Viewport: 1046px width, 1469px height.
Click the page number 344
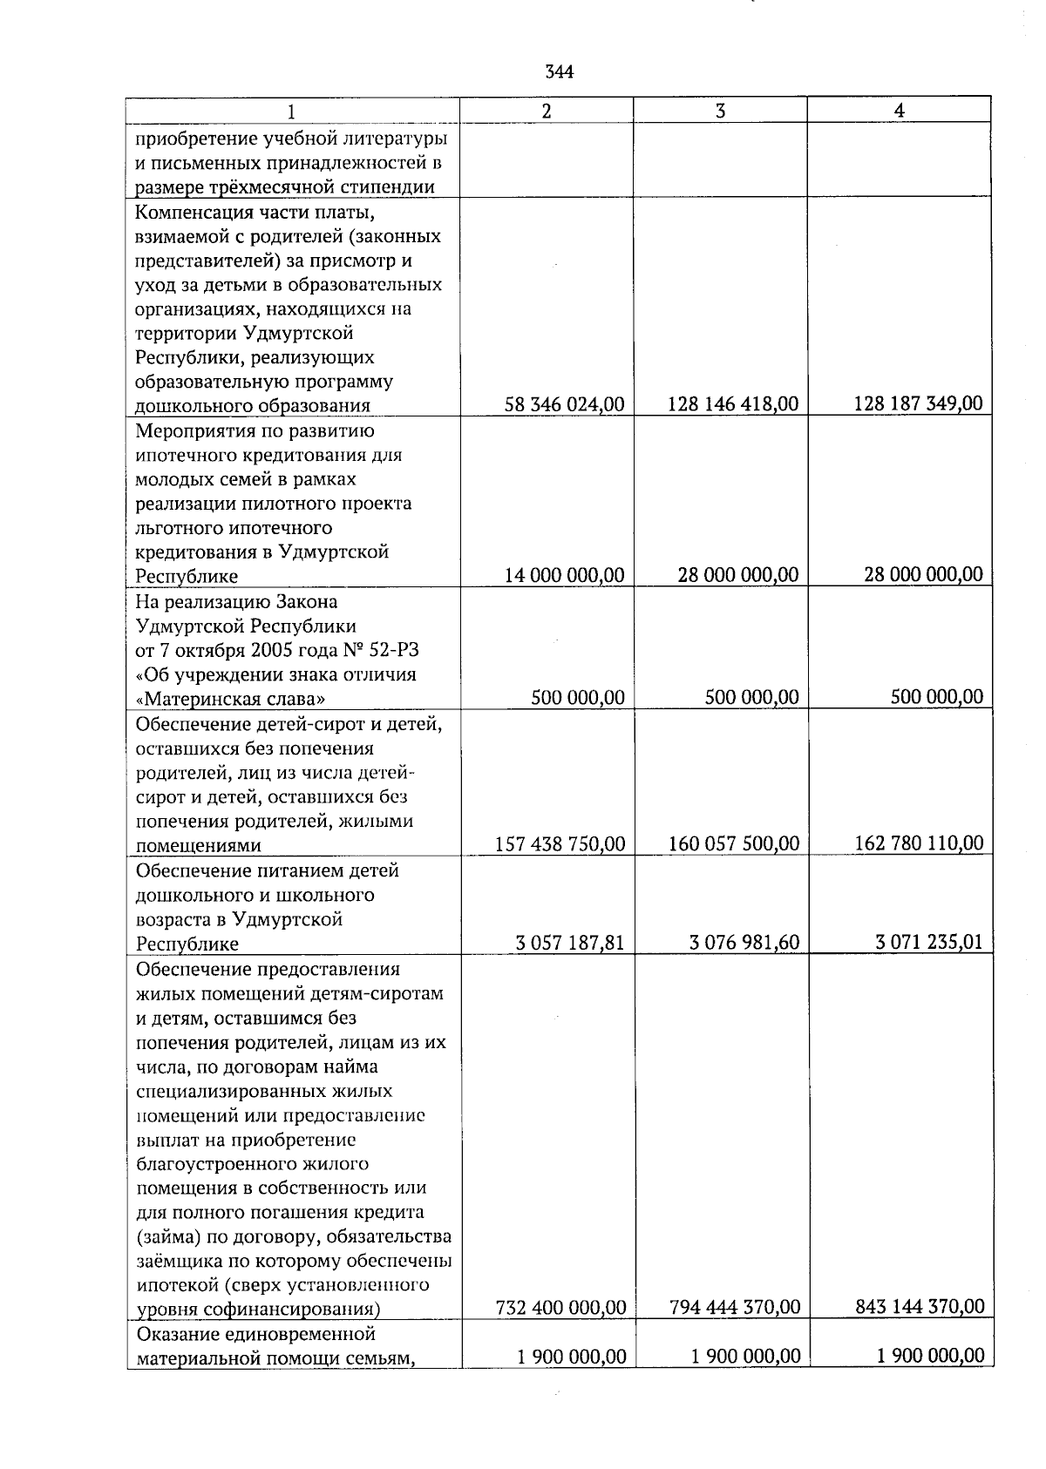pos(559,72)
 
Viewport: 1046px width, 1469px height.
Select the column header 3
pos(720,111)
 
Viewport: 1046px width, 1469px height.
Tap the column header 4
pos(899,111)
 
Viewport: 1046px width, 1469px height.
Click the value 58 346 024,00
pos(565,404)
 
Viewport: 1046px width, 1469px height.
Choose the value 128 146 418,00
pos(733,404)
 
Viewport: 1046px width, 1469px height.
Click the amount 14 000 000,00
pos(565,575)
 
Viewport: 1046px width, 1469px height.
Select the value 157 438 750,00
pos(560,844)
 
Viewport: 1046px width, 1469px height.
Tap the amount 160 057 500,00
pos(734,844)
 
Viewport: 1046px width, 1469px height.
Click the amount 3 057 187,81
pos(570,943)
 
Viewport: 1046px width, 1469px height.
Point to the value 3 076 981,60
pos(744,943)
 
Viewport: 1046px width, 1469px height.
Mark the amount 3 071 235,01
pos(928,942)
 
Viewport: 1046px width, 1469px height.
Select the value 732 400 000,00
pos(560,1308)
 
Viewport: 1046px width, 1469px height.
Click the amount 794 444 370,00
pos(735,1308)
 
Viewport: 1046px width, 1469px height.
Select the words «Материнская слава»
pos(232,699)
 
